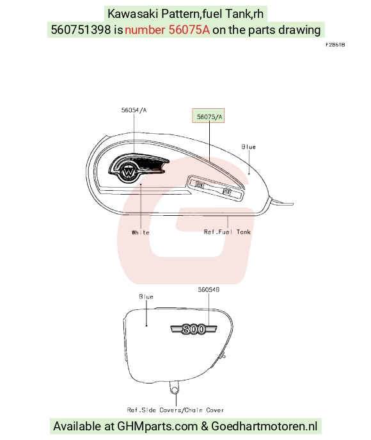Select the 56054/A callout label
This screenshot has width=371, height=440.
(134, 110)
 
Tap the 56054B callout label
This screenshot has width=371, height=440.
(209, 289)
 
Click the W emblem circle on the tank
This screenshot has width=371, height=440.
(128, 172)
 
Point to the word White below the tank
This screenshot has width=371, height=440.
(140, 232)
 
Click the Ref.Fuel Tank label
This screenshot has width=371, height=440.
(227, 232)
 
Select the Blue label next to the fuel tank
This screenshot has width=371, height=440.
(249, 147)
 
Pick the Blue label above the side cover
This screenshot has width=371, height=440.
(146, 297)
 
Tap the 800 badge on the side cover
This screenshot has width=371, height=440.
(194, 329)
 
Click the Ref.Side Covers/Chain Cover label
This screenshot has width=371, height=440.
(175, 410)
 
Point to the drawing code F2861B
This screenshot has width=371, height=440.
(335, 45)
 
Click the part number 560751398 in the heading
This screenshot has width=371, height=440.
(81, 29)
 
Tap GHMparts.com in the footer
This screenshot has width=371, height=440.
(157, 427)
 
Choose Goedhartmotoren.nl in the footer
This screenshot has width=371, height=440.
(264, 427)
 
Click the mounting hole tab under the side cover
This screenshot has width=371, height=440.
(174, 389)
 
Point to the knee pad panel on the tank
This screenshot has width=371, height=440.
(216, 188)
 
